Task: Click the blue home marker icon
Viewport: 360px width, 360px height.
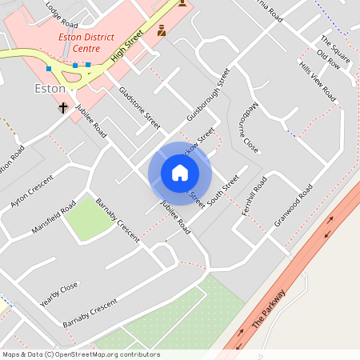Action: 179,172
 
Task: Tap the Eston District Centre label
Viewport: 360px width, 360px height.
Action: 92,42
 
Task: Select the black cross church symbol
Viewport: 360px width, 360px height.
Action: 62,106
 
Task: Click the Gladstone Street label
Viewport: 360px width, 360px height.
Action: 139,108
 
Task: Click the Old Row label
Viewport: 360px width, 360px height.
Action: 328,60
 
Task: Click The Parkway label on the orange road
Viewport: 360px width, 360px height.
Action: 268,311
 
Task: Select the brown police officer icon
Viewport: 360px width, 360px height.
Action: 162,30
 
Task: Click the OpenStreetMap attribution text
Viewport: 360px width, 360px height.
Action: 81,354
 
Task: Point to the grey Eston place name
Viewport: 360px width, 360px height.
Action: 50,88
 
